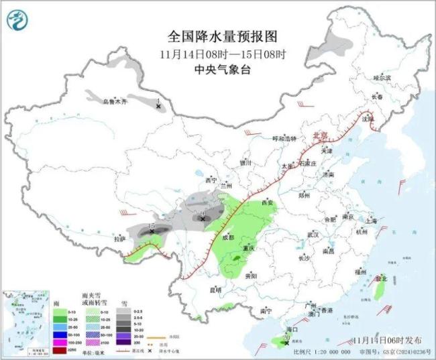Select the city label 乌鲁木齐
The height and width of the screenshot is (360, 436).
pos(114,102)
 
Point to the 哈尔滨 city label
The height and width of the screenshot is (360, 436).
pos(381,78)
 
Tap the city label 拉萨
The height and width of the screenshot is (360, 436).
pos(119,239)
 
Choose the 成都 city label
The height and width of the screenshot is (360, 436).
pos(228,237)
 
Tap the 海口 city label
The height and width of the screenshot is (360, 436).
pos(291,331)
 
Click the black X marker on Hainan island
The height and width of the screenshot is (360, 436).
pos(287,343)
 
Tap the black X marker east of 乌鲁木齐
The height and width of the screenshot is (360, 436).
pos(158,106)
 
